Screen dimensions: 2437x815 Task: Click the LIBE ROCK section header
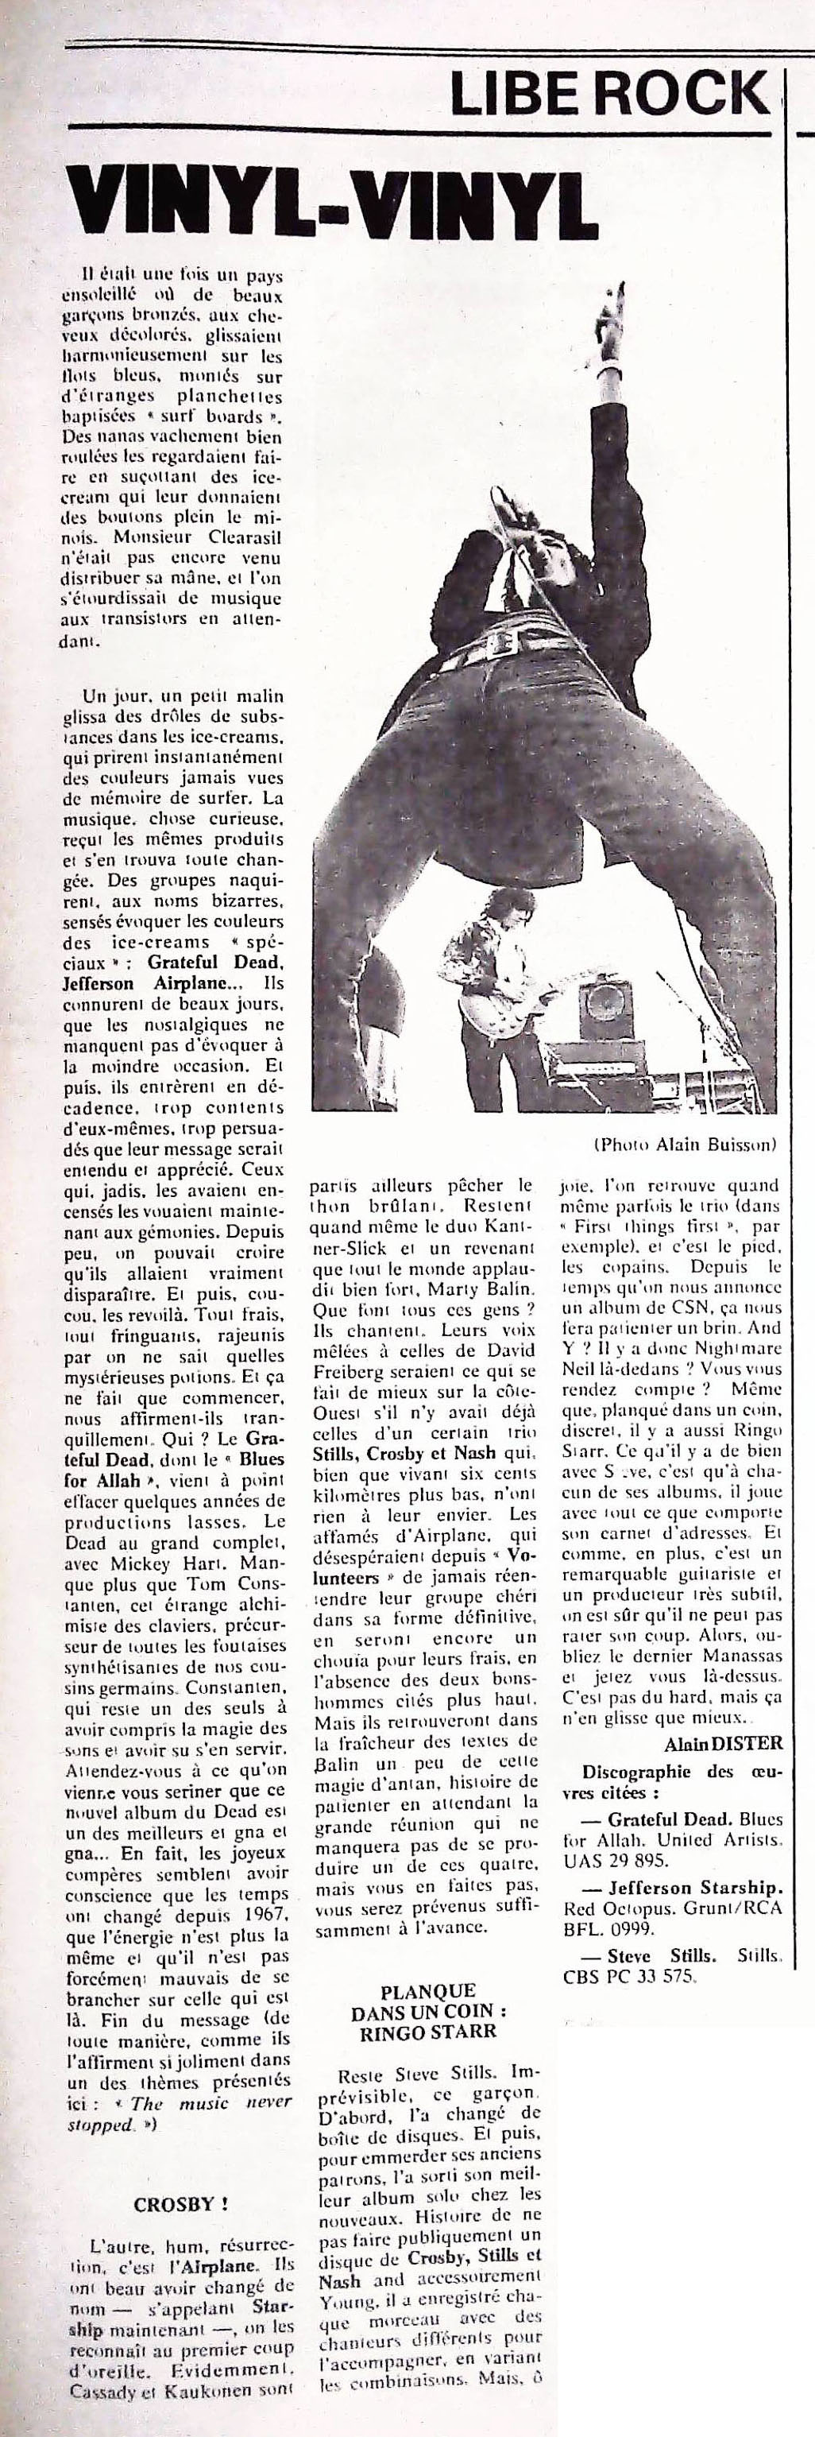tap(610, 94)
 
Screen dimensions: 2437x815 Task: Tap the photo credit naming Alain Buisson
tap(685, 1145)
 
